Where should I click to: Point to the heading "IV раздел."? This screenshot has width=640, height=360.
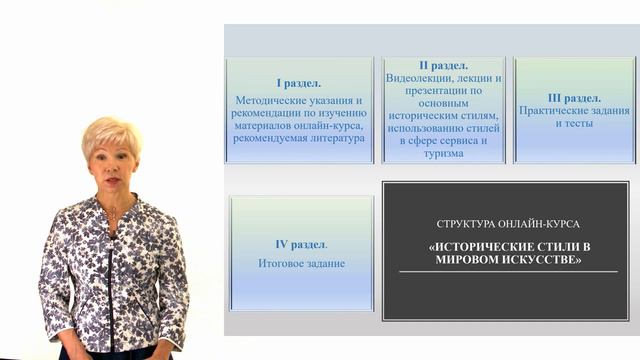pyautogui.click(x=301, y=244)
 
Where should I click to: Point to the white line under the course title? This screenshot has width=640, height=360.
pyautogui.click(x=508, y=272)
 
